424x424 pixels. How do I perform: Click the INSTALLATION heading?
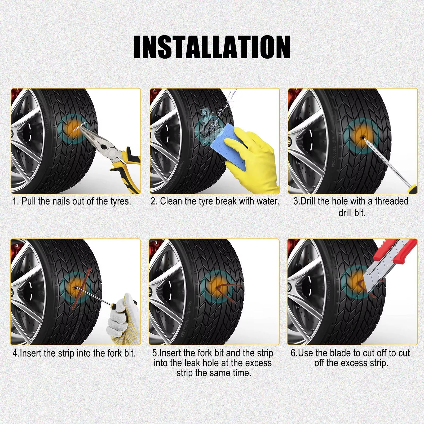pyautogui.click(x=212, y=47)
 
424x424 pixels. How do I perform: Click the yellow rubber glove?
pyautogui.click(x=254, y=159)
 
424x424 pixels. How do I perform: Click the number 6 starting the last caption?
pyautogui.click(x=293, y=353)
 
